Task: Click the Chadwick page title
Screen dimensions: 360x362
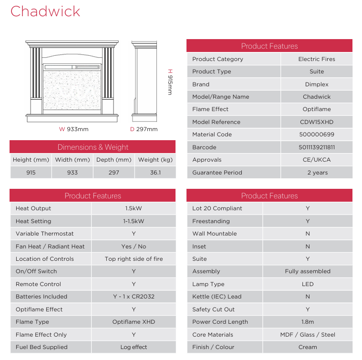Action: click(45, 11)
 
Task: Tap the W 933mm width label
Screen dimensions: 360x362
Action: click(74, 129)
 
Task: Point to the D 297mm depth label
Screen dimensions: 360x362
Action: click(144, 129)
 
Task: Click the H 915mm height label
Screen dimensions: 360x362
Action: click(170, 82)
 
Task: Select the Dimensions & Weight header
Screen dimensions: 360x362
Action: click(93, 147)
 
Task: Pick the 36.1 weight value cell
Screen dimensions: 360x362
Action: click(155, 173)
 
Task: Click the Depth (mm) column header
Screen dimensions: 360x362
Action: click(114, 160)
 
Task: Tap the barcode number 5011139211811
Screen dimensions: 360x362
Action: click(317, 147)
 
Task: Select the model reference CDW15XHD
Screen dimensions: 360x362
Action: click(317, 122)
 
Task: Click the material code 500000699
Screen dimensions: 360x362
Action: click(317, 134)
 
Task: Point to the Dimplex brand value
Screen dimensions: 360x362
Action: click(317, 84)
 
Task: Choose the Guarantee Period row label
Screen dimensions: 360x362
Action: click(217, 173)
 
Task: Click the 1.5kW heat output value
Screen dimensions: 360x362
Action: click(134, 208)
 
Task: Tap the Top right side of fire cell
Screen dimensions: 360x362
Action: click(134, 259)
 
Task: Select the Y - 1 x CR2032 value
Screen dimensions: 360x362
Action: click(134, 297)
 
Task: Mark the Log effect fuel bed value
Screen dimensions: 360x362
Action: click(134, 347)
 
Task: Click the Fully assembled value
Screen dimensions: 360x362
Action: click(308, 271)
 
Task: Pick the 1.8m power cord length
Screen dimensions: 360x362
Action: click(308, 322)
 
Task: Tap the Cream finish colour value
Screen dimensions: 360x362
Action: click(308, 347)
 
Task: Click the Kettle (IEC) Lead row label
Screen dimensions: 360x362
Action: click(217, 297)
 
